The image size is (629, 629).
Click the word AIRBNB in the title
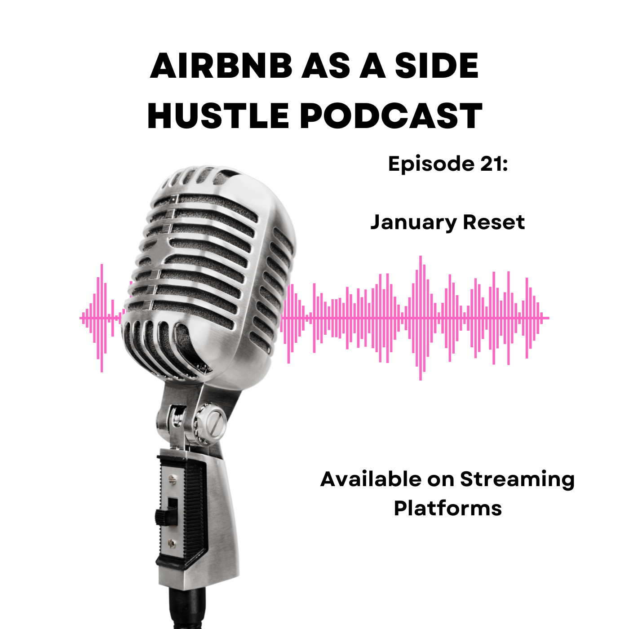click(221, 66)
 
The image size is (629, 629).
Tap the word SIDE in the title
click(436, 66)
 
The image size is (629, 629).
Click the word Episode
click(431, 163)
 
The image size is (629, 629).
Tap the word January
click(413, 223)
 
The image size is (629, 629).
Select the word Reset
click(493, 222)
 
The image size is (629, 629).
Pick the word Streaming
click(517, 480)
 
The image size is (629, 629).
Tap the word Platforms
click(447, 509)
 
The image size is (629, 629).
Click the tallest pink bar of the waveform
click(420, 318)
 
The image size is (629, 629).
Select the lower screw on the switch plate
click(172, 544)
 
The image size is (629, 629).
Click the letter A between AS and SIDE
click(371, 66)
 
